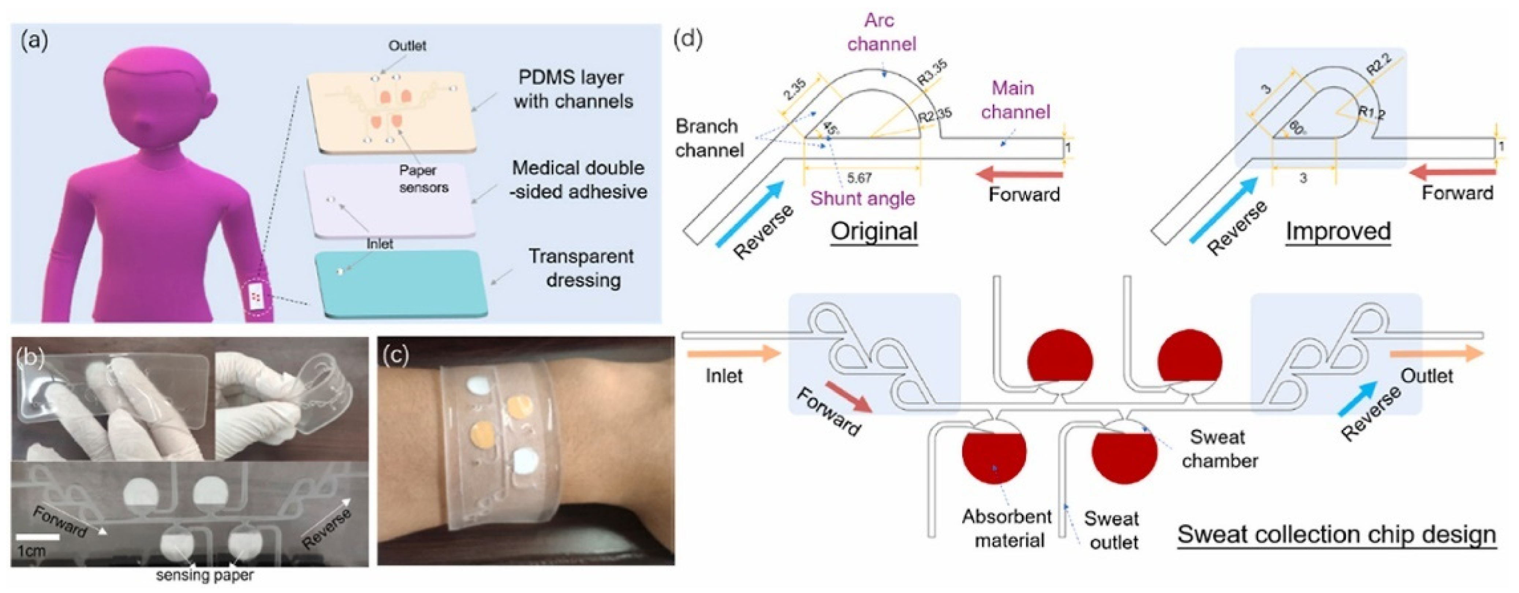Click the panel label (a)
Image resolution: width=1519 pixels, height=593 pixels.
34,42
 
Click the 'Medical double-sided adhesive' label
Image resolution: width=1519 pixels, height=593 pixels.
578,179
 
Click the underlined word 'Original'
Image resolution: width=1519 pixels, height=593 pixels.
874,231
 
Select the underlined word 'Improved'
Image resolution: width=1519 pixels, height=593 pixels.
1338,231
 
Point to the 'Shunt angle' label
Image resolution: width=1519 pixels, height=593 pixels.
862,198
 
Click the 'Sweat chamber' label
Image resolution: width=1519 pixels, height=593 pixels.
1219,448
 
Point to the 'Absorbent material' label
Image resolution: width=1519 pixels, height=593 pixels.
1007,528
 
